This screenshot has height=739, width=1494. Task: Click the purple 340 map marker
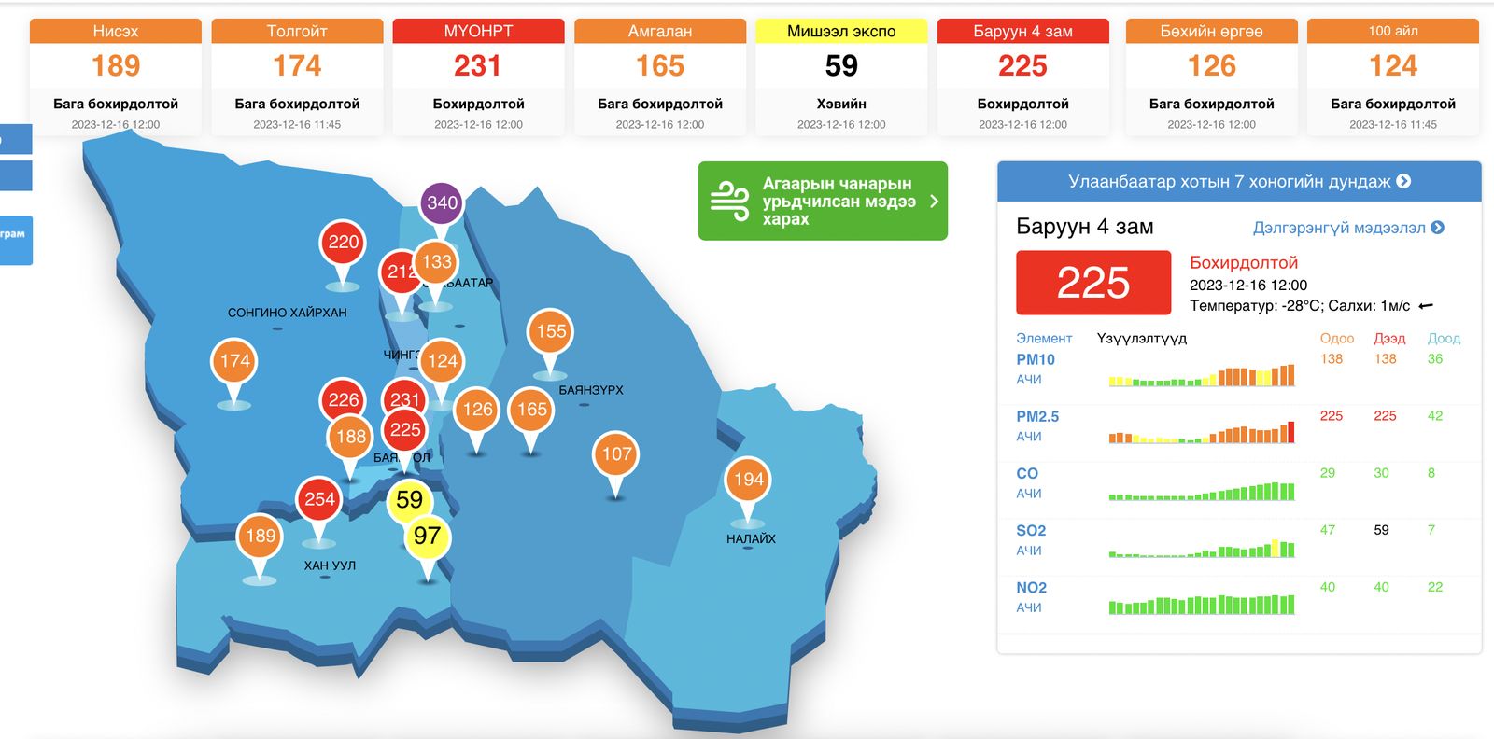coord(442,203)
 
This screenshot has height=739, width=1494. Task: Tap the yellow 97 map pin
coord(427,537)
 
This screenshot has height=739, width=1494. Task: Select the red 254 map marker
coord(319,499)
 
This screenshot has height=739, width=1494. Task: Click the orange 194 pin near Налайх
coord(748,480)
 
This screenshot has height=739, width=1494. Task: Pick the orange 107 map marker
coord(615,454)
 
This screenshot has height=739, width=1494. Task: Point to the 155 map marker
coord(551,331)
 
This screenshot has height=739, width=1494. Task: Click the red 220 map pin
coord(343,243)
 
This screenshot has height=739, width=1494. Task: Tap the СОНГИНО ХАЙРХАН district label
coord(287,313)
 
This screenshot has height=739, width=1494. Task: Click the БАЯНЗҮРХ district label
coord(591,390)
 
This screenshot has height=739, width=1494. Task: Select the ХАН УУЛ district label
coord(330,565)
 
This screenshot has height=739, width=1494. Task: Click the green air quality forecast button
coord(823,201)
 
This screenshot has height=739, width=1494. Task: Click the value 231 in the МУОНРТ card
coord(478,66)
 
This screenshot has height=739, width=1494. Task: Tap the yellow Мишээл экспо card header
coord(841,32)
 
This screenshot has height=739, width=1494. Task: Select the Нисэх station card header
coord(116,32)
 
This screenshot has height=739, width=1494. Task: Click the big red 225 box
coord(1093,283)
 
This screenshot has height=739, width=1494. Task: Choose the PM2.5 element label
coord(1037,417)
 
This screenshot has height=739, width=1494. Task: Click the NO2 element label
coord(1031,588)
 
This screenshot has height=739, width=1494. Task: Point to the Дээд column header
coord(1389,339)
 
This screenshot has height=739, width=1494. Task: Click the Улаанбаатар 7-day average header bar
coord(1239,182)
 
